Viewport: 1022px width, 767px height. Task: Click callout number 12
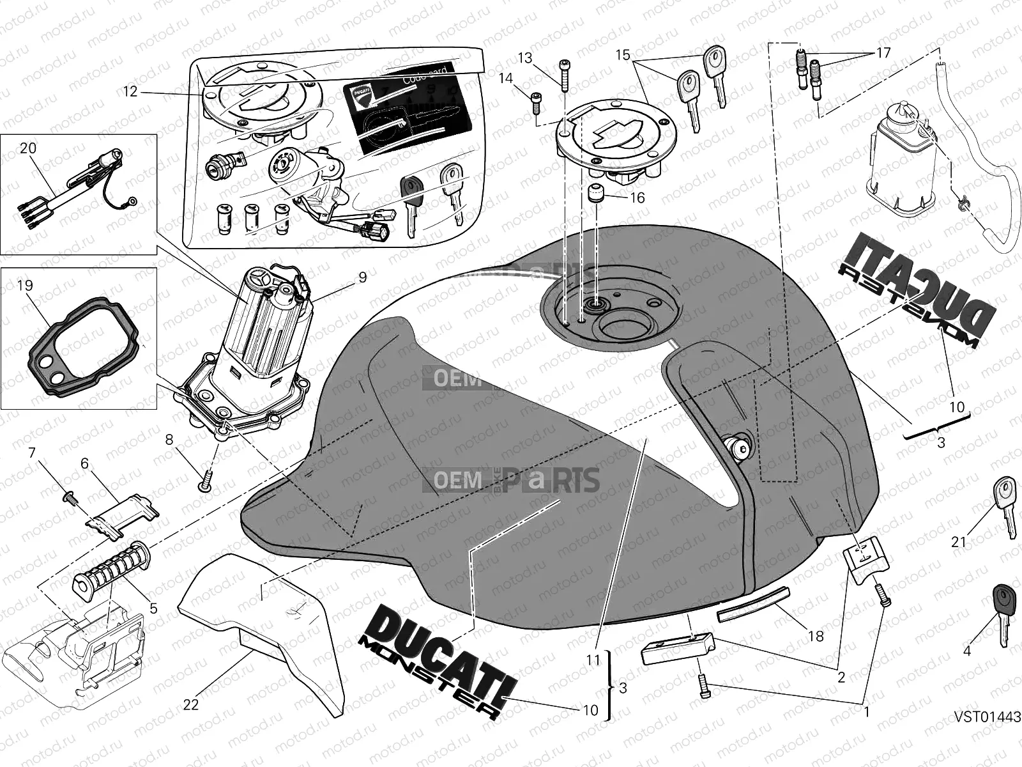coord(130,92)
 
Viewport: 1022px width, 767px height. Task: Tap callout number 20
coord(28,148)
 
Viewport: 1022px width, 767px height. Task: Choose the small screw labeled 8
coord(205,483)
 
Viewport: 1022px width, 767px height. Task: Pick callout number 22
coord(191,704)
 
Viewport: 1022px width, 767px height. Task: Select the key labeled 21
coord(1005,505)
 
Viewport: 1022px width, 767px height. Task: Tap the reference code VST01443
coord(988,717)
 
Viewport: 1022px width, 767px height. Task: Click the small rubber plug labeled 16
coord(597,194)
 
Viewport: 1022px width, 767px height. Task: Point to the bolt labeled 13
coord(565,75)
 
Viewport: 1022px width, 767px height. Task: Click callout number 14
coord(505,78)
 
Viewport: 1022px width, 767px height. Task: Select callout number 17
coord(883,52)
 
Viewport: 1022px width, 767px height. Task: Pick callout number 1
coord(866,709)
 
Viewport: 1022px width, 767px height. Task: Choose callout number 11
coord(594,660)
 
